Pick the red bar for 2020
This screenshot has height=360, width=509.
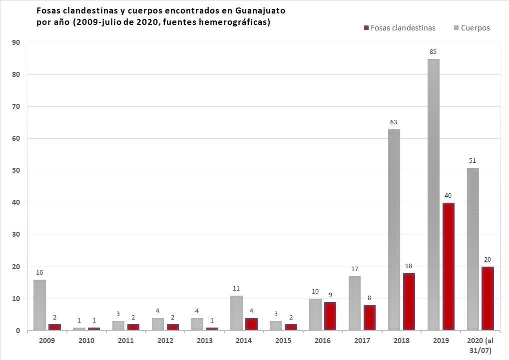487,299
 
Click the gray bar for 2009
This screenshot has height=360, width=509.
39,305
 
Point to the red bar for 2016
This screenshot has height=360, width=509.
330,316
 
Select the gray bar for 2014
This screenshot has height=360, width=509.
236,313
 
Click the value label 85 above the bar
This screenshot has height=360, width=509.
433,51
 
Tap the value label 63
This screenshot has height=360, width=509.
393,122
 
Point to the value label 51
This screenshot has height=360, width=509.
472,160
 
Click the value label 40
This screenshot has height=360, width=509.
448,195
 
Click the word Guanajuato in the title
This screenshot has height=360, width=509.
260,10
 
